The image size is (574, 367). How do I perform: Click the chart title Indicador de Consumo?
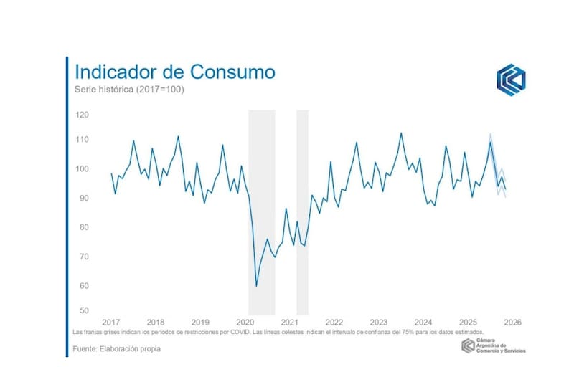pyautogui.click(x=175, y=72)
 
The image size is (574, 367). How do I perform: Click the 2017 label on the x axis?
pyautogui.click(x=111, y=322)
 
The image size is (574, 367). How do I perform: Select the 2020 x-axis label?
pyautogui.click(x=245, y=322)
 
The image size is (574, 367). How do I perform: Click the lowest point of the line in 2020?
pyautogui.click(x=256, y=286)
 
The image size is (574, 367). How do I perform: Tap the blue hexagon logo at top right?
pyautogui.click(x=511, y=80)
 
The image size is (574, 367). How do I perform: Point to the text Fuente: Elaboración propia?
pyautogui.click(x=117, y=349)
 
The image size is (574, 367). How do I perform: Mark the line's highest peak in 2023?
pyautogui.click(x=400, y=133)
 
